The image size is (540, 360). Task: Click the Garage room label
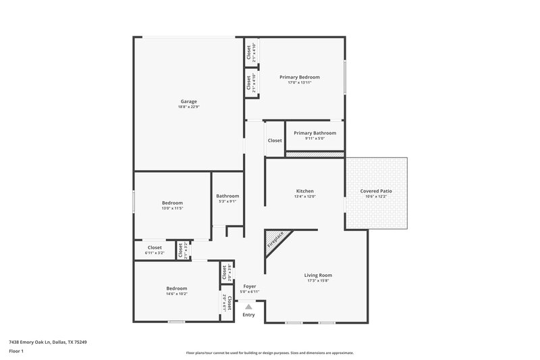click(x=188, y=101)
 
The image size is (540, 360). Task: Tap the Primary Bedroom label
click(x=300, y=77)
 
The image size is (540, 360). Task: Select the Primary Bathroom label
click(x=315, y=133)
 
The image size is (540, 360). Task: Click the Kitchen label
click(x=304, y=191)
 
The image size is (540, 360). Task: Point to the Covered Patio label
click(x=376, y=191)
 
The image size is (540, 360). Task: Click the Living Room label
click(x=318, y=275)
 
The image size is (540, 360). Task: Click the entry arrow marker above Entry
click(x=248, y=307)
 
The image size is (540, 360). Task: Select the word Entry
click(x=248, y=315)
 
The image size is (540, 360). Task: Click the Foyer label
click(x=250, y=286)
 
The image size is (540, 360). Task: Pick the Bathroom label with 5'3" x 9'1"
click(x=227, y=196)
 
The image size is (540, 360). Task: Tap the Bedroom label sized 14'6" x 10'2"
click(x=177, y=288)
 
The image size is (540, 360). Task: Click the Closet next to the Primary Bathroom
click(x=275, y=140)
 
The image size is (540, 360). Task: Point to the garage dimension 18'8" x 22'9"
click(x=188, y=107)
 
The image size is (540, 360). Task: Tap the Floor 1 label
click(x=16, y=351)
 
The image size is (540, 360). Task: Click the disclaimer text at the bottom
click(x=269, y=353)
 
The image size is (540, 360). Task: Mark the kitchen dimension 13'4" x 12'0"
click(x=304, y=197)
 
